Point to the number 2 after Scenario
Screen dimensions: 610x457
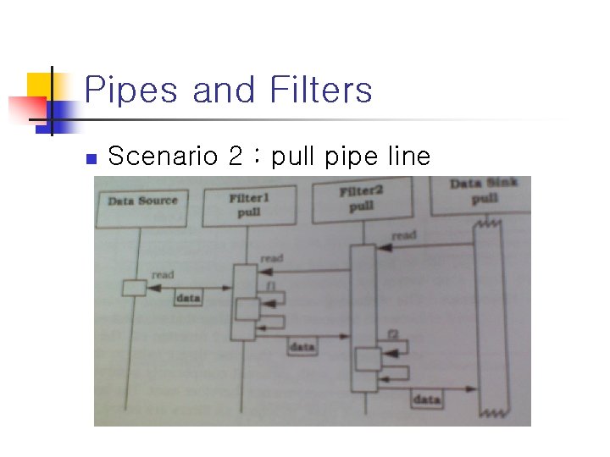pyautogui.click(x=235, y=157)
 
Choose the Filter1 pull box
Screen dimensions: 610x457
pyautogui.click(x=249, y=206)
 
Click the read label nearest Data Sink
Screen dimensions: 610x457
pyautogui.click(x=404, y=234)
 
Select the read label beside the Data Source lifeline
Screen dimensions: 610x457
pyautogui.click(x=163, y=274)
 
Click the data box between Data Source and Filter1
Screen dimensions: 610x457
pyautogui.click(x=187, y=298)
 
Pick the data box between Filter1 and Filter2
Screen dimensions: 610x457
pyautogui.click(x=302, y=347)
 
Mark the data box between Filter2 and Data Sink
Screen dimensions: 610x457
pyautogui.click(x=427, y=399)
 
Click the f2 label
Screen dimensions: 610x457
pyautogui.click(x=392, y=334)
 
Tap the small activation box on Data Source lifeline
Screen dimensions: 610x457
pyautogui.click(x=134, y=288)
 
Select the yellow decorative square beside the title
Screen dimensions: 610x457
pyautogui.click(x=40, y=85)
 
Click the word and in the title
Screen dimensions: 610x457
pyautogui.click(x=223, y=91)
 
